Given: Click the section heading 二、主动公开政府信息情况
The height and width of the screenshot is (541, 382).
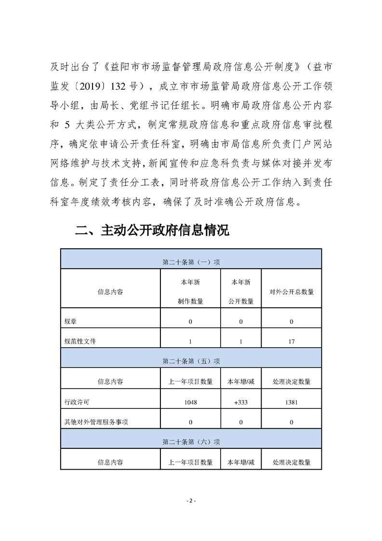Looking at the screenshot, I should tap(152, 230).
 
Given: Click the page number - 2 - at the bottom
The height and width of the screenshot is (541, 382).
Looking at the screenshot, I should tap(191, 500).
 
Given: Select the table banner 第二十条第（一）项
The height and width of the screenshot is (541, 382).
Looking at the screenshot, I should tap(191, 262).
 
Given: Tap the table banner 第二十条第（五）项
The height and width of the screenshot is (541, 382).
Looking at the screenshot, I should tap(191, 360).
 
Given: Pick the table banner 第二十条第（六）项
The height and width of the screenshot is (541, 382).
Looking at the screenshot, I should tap(191, 441).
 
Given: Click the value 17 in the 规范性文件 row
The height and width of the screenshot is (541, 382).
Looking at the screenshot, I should tap(291, 341).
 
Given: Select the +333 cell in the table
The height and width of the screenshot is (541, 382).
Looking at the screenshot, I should tap(241, 402).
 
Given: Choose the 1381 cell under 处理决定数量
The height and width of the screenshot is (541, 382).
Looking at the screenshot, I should tap(291, 402).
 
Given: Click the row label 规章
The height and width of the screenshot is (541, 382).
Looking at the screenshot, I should tap(70, 321).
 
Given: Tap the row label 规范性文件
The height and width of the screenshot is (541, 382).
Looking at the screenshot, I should tap(80, 341).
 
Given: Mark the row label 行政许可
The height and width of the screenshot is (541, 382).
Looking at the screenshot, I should tap(77, 402).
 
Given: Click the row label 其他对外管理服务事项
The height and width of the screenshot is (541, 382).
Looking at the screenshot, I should tap(96, 422).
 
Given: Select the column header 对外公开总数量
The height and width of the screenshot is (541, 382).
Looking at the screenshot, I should tap(291, 292).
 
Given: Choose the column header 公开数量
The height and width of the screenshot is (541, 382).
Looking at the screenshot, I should tap(241, 301).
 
